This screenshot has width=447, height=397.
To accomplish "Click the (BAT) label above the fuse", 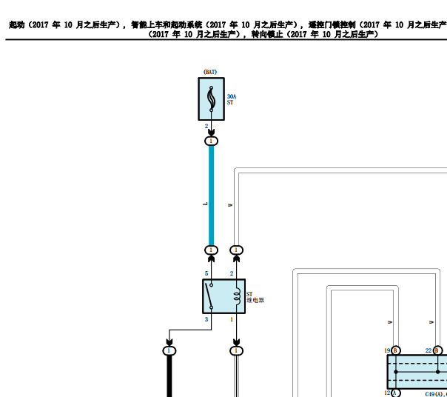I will click(x=210, y=72).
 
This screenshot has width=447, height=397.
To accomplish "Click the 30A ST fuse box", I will click(x=211, y=99).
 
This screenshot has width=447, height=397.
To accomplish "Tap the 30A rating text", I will click(x=232, y=97).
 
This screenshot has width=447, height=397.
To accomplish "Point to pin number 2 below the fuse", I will click(x=206, y=126).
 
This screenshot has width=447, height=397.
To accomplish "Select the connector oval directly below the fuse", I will click(x=211, y=141).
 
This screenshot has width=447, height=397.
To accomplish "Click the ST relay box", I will click(x=223, y=296).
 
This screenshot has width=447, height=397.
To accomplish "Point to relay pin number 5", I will click(x=206, y=274).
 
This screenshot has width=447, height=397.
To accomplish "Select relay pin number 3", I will click(x=206, y=319).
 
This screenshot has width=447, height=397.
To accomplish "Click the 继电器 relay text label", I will click(x=255, y=301).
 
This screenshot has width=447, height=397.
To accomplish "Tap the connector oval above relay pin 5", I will click(x=211, y=250).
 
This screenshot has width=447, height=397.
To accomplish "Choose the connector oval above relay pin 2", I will click(x=236, y=250).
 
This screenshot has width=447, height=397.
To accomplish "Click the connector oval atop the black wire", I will click(x=169, y=350).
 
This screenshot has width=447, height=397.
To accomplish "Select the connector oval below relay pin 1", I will click(x=236, y=350).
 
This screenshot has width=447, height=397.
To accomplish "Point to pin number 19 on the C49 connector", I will click(x=386, y=350).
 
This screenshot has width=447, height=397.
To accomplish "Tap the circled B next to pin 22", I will click(x=437, y=350).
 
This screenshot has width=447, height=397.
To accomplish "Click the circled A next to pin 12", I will click(x=395, y=393).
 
